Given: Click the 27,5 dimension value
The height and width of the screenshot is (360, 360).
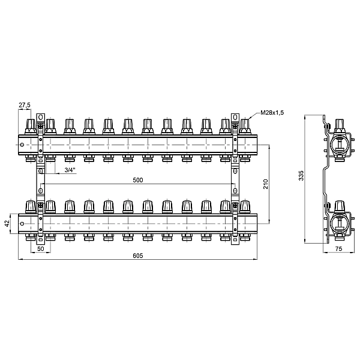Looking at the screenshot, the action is pyautogui.click(x=25, y=105).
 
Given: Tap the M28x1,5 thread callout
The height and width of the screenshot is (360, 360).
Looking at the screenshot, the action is pyautogui.click(x=272, y=113).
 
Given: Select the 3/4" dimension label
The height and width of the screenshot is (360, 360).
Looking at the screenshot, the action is pyautogui.click(x=70, y=170).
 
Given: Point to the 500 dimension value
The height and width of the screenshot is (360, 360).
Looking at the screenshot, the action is pyautogui.click(x=138, y=180).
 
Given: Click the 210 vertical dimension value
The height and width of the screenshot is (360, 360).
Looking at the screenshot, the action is pyautogui.click(x=266, y=184).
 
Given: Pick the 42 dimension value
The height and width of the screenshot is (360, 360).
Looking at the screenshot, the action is pyautogui.click(x=7, y=223).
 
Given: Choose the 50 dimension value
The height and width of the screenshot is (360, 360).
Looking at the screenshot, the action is pyautogui.click(x=41, y=248).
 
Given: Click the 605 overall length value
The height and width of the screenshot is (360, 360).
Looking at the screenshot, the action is pyautogui.click(x=138, y=256).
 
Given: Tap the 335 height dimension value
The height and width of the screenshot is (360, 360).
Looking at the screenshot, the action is pyautogui.click(x=301, y=176).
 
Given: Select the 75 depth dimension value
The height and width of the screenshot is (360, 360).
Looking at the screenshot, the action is pyautogui.click(x=338, y=248).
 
